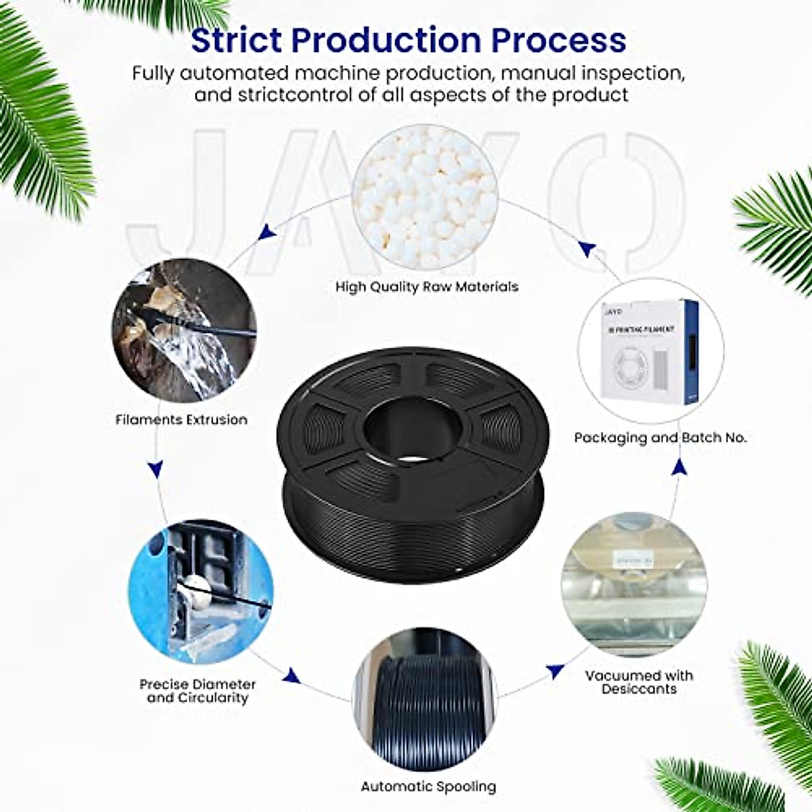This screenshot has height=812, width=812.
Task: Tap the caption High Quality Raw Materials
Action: [426, 286]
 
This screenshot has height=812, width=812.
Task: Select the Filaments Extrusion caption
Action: [181, 420]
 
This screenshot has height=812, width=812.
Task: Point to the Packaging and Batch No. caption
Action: [660, 438]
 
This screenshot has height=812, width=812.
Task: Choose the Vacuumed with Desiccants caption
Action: [639, 682]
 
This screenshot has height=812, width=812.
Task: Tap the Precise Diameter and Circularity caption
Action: [198, 691]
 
